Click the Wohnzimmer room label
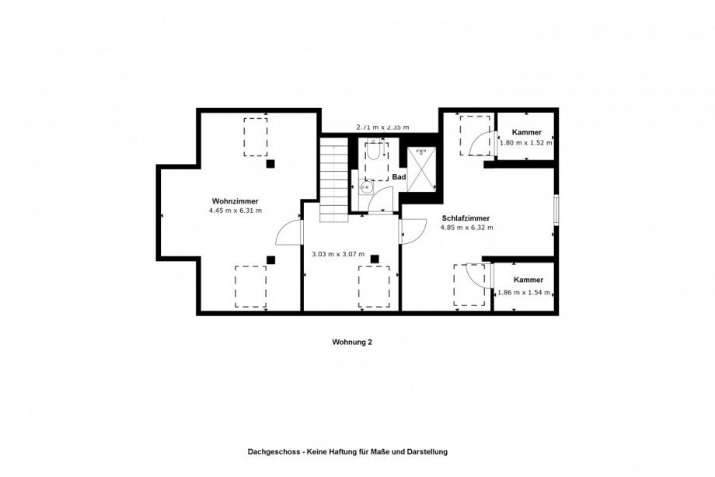pos(235,201)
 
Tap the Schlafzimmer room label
pos(466,218)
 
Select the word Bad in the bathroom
pos(399,177)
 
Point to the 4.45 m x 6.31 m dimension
pos(235,211)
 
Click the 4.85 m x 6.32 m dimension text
pos(466,228)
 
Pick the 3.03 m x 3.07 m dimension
pos(338,255)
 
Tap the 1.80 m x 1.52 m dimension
pos(526,142)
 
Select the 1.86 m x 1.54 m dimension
pos(524,293)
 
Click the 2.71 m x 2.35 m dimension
pos(382,127)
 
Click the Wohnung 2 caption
pos(352,342)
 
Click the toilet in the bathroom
pos(373,151)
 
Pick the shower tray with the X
pos(421,169)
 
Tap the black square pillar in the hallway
pos(375,259)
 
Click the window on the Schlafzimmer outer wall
pos(556,210)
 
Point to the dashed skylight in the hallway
pos(374,287)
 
